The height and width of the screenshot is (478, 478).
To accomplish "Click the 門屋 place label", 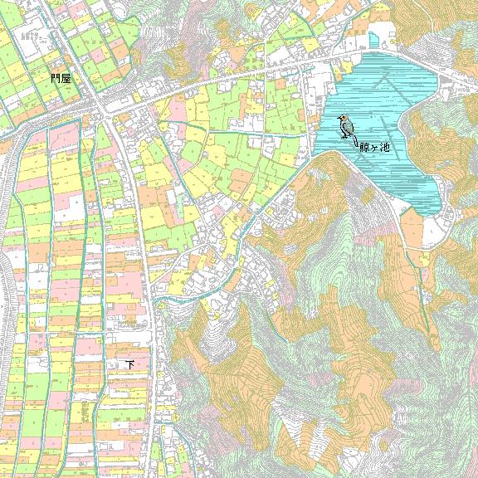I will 61,78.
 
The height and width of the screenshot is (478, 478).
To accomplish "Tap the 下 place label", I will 129,363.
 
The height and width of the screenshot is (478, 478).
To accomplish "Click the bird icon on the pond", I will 346,127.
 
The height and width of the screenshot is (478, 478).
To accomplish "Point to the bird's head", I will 343,119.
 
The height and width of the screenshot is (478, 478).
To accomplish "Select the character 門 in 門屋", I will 55,78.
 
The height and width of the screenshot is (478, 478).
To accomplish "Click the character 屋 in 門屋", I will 66,78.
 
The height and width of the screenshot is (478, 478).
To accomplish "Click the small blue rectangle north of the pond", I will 384,37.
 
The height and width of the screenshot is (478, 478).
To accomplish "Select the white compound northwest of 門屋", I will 33,37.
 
